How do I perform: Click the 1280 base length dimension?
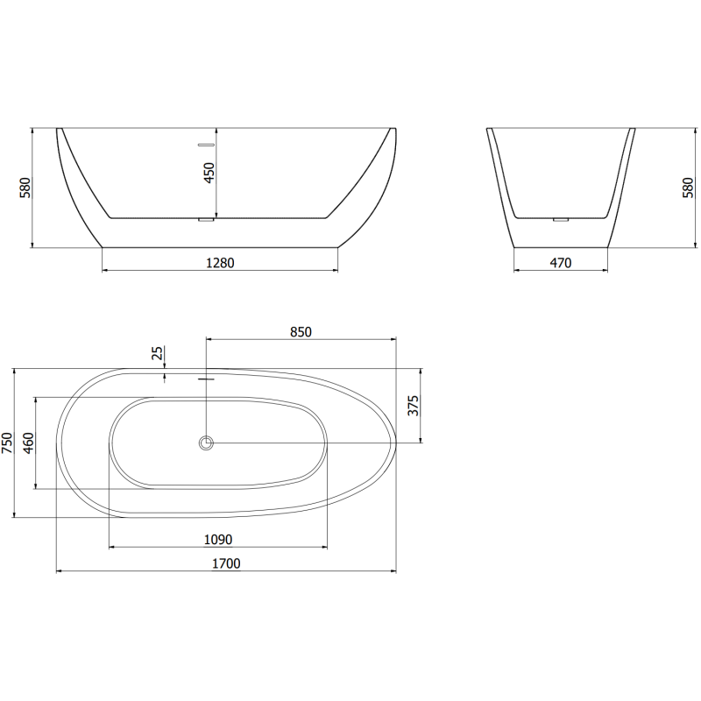[220, 262]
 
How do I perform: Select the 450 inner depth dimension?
[209, 172]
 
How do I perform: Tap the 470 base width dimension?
[561, 262]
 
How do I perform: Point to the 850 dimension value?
[301, 331]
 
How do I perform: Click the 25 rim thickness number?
[158, 353]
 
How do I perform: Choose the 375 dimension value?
[414, 405]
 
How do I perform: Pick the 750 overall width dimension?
[8, 443]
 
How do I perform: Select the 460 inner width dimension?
[29, 443]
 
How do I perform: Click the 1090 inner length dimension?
[217, 540]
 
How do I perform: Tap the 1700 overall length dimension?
[225, 563]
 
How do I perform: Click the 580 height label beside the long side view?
[25, 187]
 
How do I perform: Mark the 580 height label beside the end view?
[687, 187]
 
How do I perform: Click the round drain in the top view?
[207, 443]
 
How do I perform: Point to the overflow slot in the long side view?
[207, 141]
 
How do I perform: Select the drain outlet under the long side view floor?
[207, 220]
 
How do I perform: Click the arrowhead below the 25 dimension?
[166, 379]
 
